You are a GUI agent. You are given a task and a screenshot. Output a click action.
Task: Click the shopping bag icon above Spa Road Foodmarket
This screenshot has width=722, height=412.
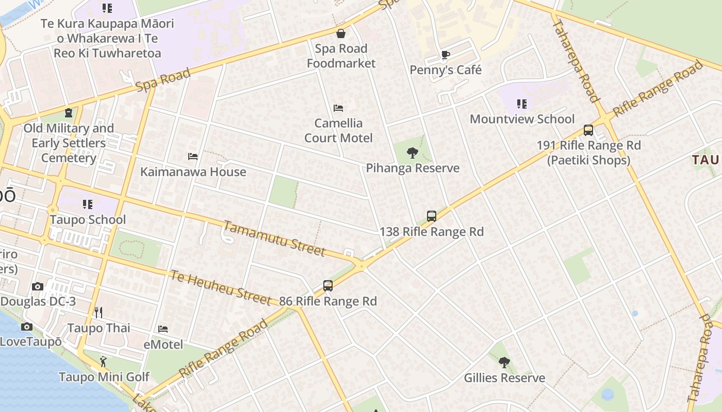pos(341,34)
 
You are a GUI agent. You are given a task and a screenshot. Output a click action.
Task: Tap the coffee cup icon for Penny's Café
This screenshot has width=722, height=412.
pos(446,55)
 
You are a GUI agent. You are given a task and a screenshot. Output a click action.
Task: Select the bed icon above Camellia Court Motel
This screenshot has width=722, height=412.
pos(338,108)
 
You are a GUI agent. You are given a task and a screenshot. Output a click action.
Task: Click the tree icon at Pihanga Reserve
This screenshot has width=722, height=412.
pos(412,152)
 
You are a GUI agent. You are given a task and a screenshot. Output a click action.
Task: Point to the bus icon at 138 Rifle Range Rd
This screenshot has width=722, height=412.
pos(432,216)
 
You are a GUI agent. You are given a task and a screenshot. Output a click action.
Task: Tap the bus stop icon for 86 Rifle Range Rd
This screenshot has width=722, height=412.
pos(328,286)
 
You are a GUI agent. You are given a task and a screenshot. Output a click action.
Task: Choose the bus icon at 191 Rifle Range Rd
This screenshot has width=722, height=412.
pos(588,130)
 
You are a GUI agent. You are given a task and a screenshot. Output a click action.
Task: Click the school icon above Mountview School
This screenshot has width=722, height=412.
pos(522,104)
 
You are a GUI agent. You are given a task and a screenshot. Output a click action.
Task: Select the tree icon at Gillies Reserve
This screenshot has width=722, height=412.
pos(504,363)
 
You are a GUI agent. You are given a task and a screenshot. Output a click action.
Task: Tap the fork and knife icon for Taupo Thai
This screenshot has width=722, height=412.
pos(99,313)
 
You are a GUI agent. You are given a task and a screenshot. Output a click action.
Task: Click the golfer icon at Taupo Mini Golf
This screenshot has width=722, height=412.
pos(104,362)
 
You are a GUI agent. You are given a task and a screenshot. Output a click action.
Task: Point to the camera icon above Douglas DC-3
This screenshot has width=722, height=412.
pos(38,286)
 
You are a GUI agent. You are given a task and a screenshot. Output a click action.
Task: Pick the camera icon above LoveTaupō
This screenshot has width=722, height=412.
pos(27,327)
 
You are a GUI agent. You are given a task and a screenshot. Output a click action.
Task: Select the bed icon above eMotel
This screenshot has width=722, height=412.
pos(163,329)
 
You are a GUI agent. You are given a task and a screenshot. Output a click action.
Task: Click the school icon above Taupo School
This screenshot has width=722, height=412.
pos(88,204)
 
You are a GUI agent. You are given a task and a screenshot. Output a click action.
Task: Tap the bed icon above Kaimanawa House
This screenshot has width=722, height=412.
pos(193,157)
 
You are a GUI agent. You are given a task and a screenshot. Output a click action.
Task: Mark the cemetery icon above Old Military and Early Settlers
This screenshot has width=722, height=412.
pos(69,113)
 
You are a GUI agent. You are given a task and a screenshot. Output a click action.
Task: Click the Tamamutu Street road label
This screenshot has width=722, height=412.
pos(274,238)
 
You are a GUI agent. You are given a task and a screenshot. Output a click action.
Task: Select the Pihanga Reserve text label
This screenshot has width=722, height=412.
pos(413,168)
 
